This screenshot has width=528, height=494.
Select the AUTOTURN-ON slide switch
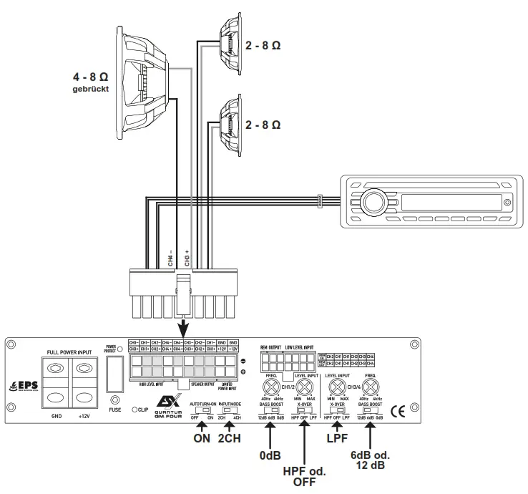tap(204, 411)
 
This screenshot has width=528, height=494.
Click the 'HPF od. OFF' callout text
tap(305, 475)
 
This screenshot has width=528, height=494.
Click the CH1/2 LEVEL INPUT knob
tap(305, 387)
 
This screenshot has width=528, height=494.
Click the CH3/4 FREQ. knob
tap(370, 387)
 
